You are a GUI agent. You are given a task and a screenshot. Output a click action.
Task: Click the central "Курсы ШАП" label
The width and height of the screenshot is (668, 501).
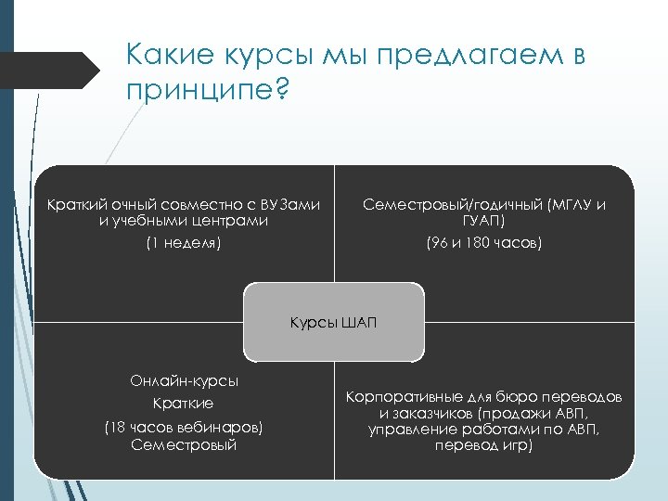click(x=334, y=322)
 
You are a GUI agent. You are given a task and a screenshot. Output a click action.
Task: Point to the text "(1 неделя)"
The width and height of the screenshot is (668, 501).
click(x=183, y=243)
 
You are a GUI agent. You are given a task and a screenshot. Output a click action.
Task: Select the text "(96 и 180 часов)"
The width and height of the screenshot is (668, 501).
click(x=483, y=243)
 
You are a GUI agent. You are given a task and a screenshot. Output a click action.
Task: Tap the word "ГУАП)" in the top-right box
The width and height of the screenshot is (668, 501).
click(x=483, y=222)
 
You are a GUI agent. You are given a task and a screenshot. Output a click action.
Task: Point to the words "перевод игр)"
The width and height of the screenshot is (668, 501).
click(x=483, y=445)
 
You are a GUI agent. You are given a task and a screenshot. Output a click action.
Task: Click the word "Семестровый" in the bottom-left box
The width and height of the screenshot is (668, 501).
click(x=184, y=444)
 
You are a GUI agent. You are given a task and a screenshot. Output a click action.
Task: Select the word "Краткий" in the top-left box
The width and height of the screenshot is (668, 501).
click(x=74, y=204)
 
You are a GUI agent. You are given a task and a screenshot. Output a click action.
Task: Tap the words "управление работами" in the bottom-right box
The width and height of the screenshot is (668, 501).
click(x=444, y=429)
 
